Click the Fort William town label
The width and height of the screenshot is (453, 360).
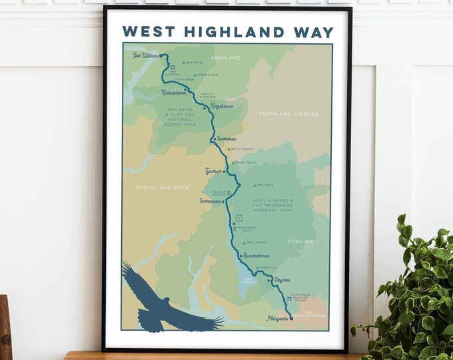[x=145, y=55]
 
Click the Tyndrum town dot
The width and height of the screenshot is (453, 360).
[x=225, y=171]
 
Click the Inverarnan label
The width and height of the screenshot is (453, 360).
[x=209, y=200]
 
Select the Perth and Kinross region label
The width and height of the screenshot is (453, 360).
[x=288, y=114]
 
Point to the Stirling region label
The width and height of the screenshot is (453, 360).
[x=299, y=241]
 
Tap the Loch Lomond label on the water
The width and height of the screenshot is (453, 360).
[x=248, y=280]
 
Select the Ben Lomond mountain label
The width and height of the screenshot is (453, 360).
[x=256, y=243]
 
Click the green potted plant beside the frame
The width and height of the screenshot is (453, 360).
[x=414, y=293]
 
